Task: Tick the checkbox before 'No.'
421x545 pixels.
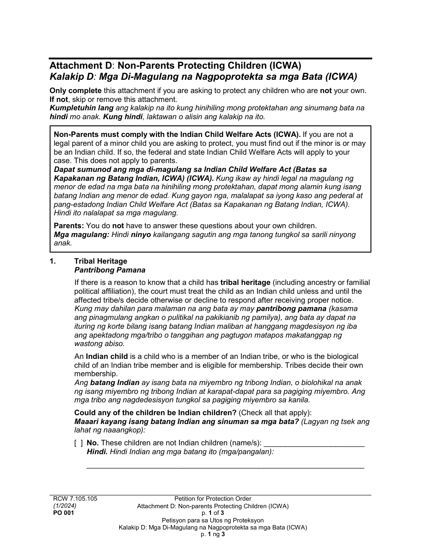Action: pyautogui.click(x=78, y=443)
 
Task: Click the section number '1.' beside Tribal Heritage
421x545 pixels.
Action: pyautogui.click(x=53, y=261)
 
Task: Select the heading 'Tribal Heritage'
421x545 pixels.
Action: pyautogui.click(x=101, y=261)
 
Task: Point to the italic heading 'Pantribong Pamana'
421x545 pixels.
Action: pyautogui.click(x=109, y=270)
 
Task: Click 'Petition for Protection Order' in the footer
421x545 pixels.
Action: pyautogui.click(x=213, y=498)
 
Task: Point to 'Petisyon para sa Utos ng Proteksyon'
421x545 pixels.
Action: pyautogui.click(x=213, y=520)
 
